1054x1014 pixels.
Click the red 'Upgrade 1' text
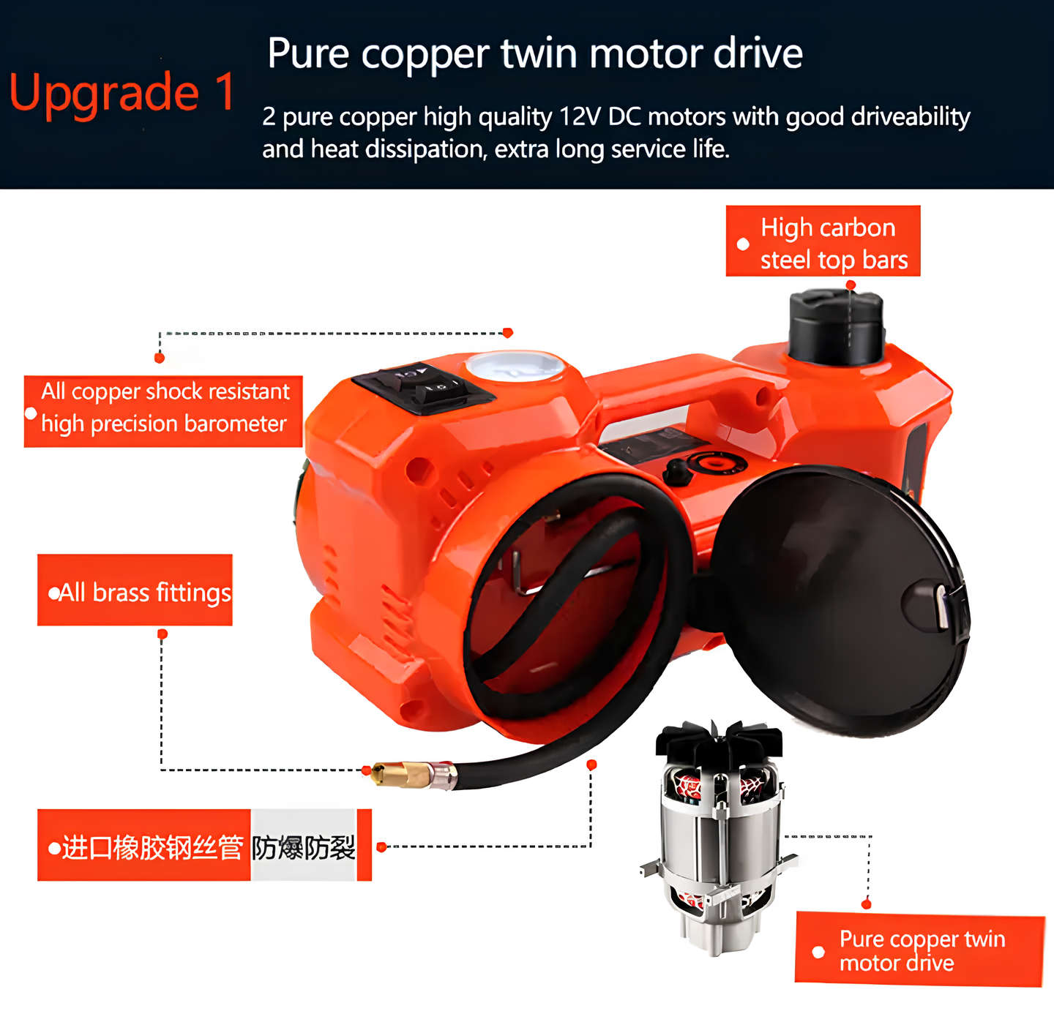point(122,94)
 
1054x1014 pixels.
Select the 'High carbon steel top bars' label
point(823,241)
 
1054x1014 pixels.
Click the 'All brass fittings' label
point(135,590)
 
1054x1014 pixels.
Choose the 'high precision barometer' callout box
point(163,410)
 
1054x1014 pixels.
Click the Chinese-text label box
point(205,846)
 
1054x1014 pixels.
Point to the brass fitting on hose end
point(403,774)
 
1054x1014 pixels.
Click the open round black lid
point(834,600)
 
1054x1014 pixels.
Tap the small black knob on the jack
point(678,472)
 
